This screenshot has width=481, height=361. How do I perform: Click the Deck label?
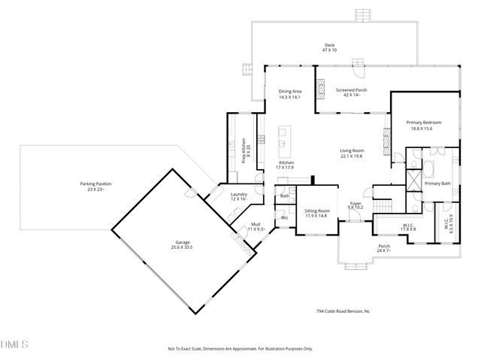tap(329, 45)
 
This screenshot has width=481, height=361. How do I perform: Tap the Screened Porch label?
tap(352, 90)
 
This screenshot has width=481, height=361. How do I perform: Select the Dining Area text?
tap(289, 91)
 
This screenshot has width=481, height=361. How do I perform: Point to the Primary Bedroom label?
tap(424, 122)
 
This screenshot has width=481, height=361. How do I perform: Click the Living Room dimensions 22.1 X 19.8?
tap(351, 156)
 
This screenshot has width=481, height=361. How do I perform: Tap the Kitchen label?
tap(286, 162)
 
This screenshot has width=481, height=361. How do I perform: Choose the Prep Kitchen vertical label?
tap(244, 144)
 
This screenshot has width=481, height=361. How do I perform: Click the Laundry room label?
tap(238, 194)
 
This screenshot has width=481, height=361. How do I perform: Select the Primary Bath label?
tap(437, 183)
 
